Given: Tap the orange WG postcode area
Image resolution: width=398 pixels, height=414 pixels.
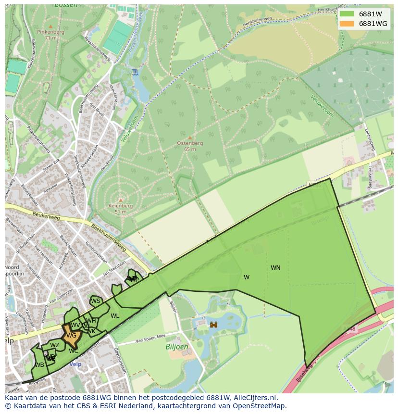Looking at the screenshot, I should (x=71, y=337).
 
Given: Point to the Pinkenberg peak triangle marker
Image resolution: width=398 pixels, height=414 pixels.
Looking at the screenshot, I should (x=50, y=27).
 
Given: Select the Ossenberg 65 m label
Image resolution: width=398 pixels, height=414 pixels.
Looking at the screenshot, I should (x=190, y=146).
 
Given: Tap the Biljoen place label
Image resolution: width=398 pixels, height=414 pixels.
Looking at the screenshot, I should (x=177, y=346).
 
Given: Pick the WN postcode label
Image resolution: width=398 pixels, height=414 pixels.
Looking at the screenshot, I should (x=275, y=268).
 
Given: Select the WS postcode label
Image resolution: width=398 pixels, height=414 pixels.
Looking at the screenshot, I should (x=96, y=301).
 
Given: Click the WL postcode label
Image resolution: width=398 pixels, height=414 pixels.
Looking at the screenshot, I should (x=115, y=316).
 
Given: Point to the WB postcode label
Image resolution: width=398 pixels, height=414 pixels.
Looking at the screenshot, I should (x=39, y=365).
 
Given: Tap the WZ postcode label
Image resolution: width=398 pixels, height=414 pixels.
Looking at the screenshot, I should (x=55, y=345).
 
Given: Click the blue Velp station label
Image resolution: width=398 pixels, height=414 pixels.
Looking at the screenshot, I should (x=75, y=364).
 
